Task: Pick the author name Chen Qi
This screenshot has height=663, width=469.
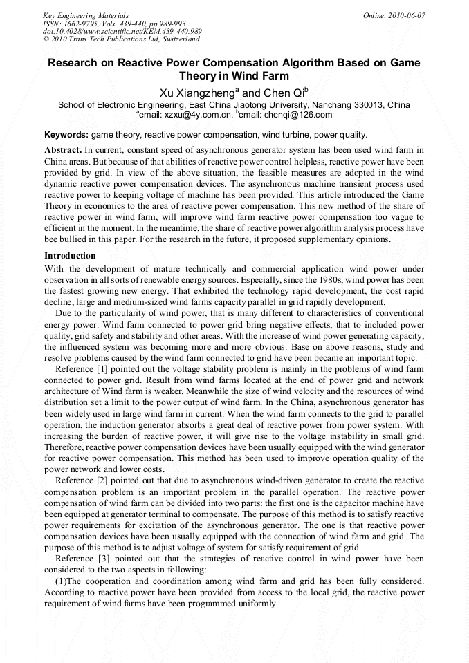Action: point(284,93)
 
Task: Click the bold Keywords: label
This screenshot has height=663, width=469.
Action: point(66,134)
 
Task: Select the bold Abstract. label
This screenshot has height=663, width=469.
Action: point(63,149)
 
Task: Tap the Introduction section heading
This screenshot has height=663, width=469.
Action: point(70,256)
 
